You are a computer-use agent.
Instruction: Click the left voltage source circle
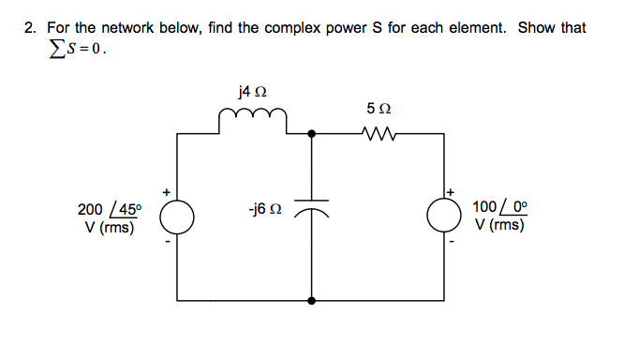click(x=177, y=217)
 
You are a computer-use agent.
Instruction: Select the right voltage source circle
click(x=444, y=217)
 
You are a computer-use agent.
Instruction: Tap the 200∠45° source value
click(x=109, y=209)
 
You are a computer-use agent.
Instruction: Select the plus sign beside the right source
click(x=451, y=192)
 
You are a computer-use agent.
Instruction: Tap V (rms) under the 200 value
click(x=107, y=226)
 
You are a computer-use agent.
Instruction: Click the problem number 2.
click(x=29, y=28)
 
